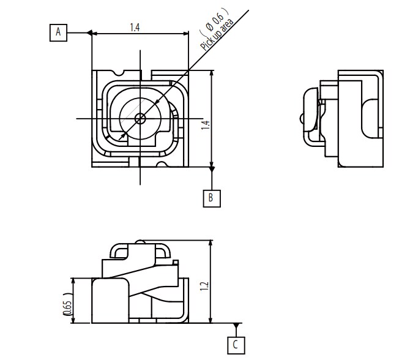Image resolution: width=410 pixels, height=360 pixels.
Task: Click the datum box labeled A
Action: [59, 32]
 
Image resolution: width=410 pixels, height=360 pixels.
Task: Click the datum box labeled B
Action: [211, 198]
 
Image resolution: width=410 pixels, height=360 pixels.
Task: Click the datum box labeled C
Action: [236, 345]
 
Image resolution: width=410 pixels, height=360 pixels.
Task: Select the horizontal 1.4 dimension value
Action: [136, 27]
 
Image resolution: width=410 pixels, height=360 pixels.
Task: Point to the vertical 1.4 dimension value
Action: [206, 124]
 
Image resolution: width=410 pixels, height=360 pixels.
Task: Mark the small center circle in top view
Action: [140, 118]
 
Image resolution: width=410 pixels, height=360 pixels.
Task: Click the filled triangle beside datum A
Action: [89, 32]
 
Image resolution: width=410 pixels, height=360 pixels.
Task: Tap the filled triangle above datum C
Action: [236, 326]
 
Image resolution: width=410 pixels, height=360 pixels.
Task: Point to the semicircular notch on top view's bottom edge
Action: [162, 163]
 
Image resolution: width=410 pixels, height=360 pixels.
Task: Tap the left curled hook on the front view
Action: [117, 251]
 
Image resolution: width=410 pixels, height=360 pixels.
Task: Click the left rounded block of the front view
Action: [110, 299]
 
